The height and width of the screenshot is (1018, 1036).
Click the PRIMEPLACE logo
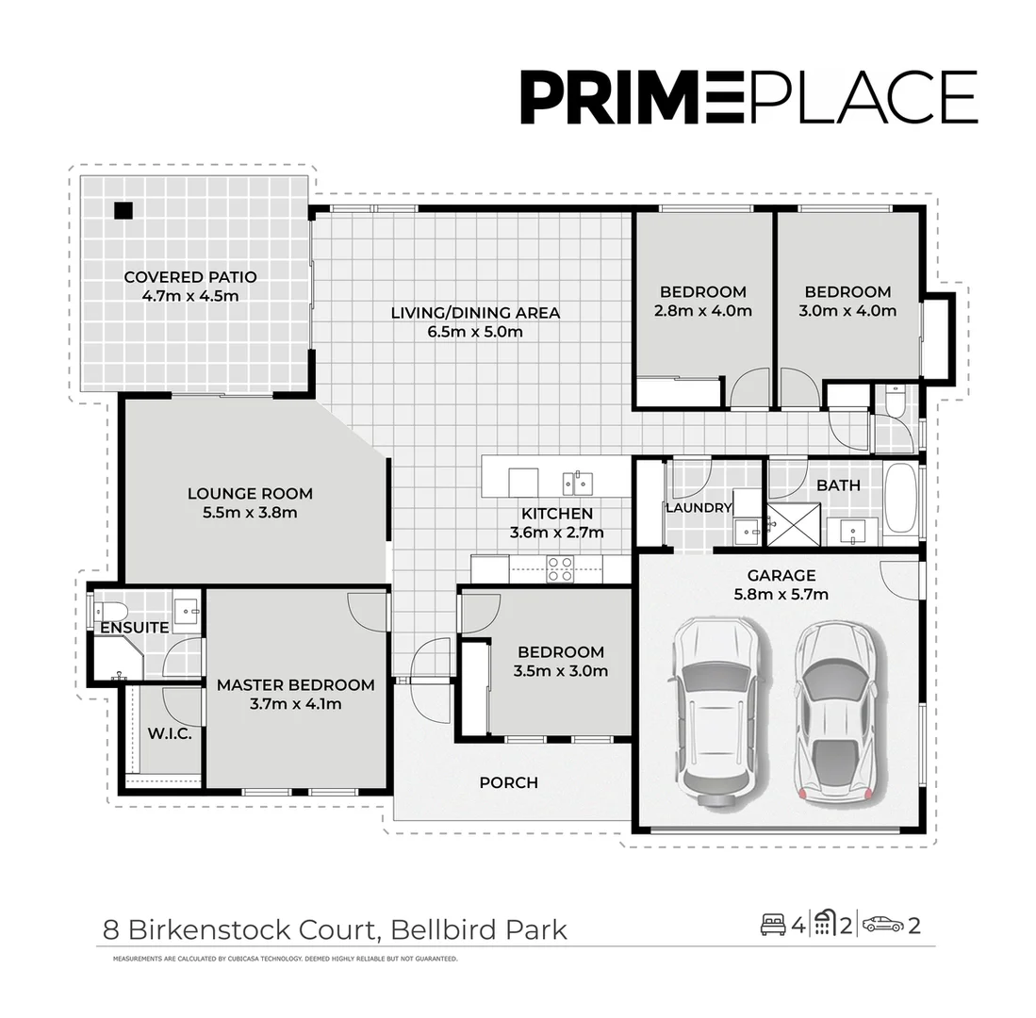click(x=748, y=97)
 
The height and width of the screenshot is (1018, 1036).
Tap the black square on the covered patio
click(x=123, y=210)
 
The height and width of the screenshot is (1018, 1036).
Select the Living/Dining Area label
click(x=475, y=312)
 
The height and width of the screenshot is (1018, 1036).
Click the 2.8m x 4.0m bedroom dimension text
click(x=702, y=310)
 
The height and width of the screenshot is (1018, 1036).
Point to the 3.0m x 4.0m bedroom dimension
click(x=847, y=310)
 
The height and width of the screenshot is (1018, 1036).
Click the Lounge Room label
click(x=250, y=493)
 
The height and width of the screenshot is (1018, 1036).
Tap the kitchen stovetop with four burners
click(x=560, y=567)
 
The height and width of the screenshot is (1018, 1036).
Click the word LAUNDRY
click(x=699, y=508)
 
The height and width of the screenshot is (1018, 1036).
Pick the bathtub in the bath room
click(x=900, y=499)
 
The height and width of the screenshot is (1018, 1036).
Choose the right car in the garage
click(x=836, y=712)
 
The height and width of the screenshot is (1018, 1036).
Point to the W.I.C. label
click(x=170, y=733)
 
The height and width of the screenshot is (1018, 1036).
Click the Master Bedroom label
click(x=295, y=685)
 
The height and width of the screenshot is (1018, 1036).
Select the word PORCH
click(x=508, y=782)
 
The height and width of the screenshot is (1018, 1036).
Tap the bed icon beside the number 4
click(x=773, y=925)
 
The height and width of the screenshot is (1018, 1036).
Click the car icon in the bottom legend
click(x=882, y=925)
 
